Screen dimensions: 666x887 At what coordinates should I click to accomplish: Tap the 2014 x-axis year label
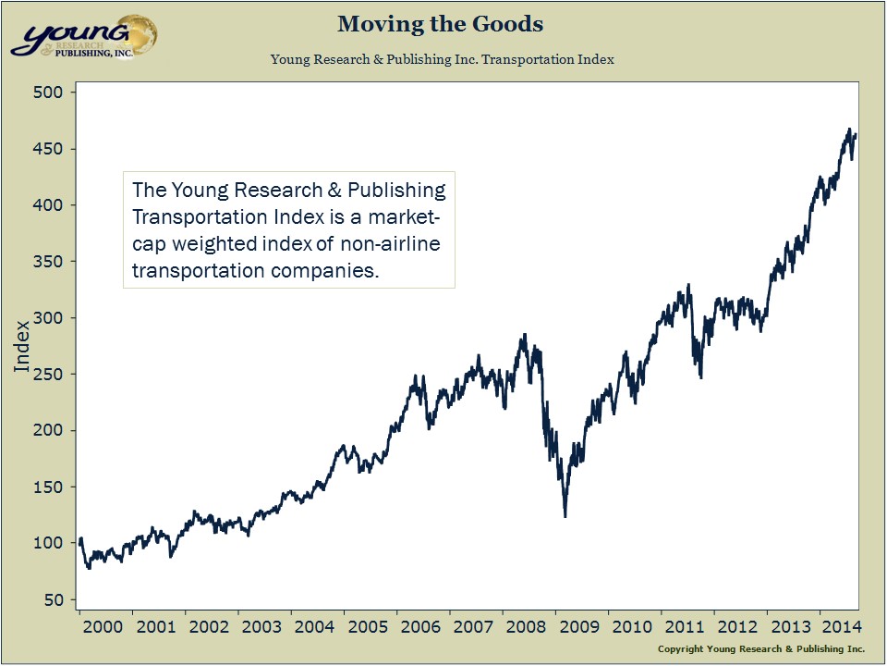click(842, 626)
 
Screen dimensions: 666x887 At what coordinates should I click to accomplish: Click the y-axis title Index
click(22, 346)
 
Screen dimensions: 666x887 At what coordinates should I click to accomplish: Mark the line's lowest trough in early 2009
click(565, 516)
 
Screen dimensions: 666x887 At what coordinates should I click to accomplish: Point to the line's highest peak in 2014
click(849, 129)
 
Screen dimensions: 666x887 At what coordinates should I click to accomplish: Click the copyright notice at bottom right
click(760, 649)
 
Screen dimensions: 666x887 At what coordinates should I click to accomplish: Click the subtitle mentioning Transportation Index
click(443, 59)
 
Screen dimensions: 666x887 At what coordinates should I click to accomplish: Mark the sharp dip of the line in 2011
click(700, 376)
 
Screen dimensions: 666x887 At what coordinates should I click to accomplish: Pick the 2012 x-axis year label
click(739, 626)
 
